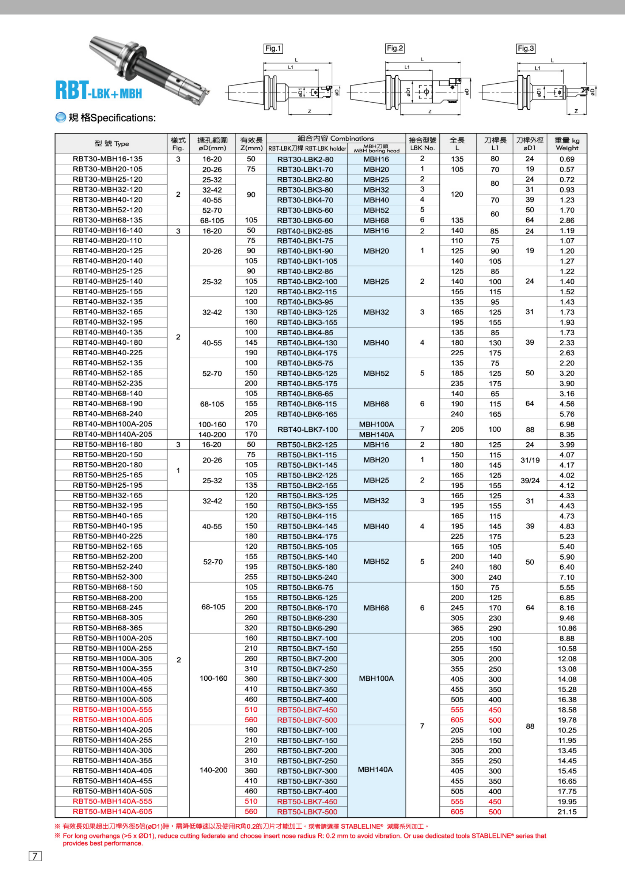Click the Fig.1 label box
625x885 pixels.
[273, 48]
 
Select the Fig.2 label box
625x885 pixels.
[395, 48]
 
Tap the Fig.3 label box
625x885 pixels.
[526, 48]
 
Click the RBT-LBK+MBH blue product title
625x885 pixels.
[99, 90]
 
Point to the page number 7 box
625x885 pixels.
[35, 856]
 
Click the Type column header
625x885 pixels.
[112, 144]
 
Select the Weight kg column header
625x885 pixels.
[567, 144]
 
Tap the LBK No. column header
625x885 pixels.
[422, 144]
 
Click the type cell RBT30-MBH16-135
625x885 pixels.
[107, 159]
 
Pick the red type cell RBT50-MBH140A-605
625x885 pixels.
[112, 811]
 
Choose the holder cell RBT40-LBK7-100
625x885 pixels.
[307, 429]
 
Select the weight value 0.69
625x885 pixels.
[567, 159]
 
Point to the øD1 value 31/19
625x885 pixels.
[530, 460]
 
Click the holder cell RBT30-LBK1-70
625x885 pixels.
[305, 170]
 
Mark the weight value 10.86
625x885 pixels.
[567, 628]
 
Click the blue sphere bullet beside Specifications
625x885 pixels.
[60, 118]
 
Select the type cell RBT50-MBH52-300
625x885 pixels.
[107, 577]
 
